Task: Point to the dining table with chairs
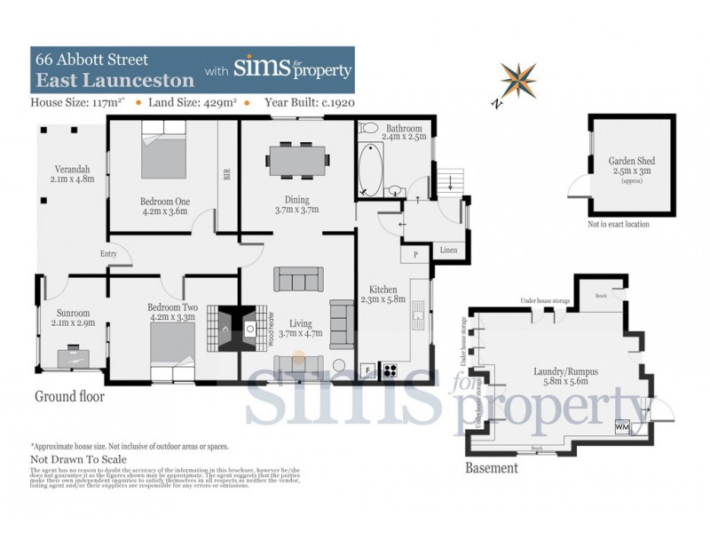297,160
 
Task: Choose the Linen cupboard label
449,251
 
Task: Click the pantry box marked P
414,254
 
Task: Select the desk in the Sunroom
75,357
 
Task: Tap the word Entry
110,254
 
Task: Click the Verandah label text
70,174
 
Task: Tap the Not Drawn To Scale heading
79,459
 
